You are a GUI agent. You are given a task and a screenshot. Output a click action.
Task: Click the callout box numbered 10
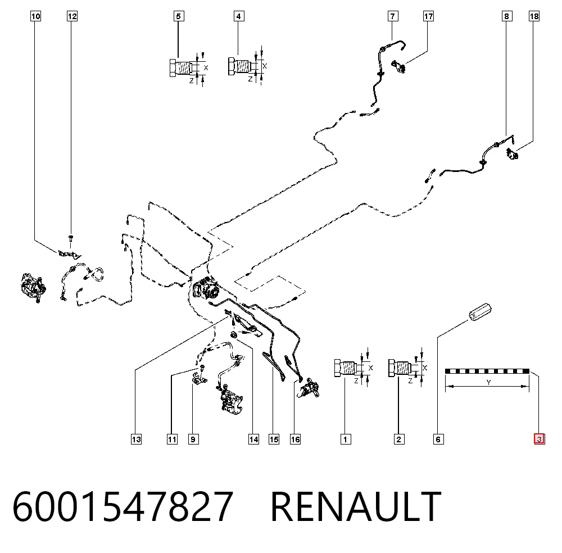[35, 16]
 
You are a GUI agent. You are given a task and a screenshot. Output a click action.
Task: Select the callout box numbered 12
[72, 16]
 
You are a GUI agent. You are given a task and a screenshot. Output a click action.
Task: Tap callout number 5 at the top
[179, 16]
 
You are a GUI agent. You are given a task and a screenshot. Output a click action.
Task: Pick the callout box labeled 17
[428, 16]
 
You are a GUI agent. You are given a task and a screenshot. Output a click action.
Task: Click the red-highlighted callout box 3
[540, 439]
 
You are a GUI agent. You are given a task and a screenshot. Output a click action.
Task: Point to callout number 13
[136, 439]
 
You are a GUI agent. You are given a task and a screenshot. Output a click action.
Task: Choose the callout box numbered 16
[296, 439]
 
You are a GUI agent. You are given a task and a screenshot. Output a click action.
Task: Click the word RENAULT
[356, 506]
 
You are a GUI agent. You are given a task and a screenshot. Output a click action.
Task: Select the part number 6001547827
[123, 506]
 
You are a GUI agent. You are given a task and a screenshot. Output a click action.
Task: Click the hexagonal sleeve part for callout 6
[481, 312]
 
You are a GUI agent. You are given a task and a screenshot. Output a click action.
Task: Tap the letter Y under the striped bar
[488, 382]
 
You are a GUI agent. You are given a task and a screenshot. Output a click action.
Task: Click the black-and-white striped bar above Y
[487, 371]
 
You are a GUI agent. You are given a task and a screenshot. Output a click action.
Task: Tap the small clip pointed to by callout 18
[512, 154]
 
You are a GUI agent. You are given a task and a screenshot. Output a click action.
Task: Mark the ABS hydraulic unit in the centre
[206, 288]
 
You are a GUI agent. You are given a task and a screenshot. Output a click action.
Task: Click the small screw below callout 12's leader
[71, 238]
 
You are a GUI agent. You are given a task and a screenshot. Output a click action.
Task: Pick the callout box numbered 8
[507, 16]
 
